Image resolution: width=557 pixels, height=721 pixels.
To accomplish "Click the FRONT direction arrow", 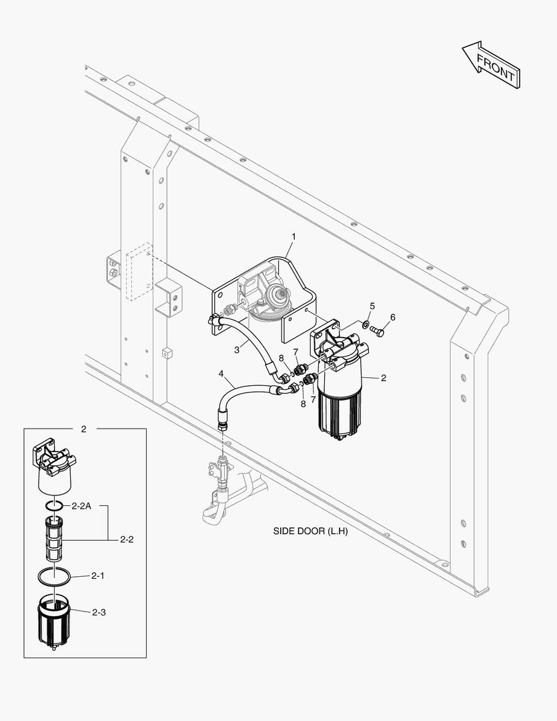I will coord(491,65).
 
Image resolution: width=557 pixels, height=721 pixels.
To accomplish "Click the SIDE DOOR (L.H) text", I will coord(310,531).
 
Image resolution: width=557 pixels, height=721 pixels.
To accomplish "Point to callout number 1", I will coord(293,236).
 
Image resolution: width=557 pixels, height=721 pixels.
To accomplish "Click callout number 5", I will coord(372,306).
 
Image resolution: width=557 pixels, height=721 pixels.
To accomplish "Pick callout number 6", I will coord(392,317).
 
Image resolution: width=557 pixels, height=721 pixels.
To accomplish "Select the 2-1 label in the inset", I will coord(98,575).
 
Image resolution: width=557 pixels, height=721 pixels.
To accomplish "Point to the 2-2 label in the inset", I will coord(127,539).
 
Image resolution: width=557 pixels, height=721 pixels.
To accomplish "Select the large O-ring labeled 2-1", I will coord(53,575).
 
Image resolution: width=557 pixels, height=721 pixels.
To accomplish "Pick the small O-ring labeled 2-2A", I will coord(56,506).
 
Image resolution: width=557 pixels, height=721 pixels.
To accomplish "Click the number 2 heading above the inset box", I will coord(83,429).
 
